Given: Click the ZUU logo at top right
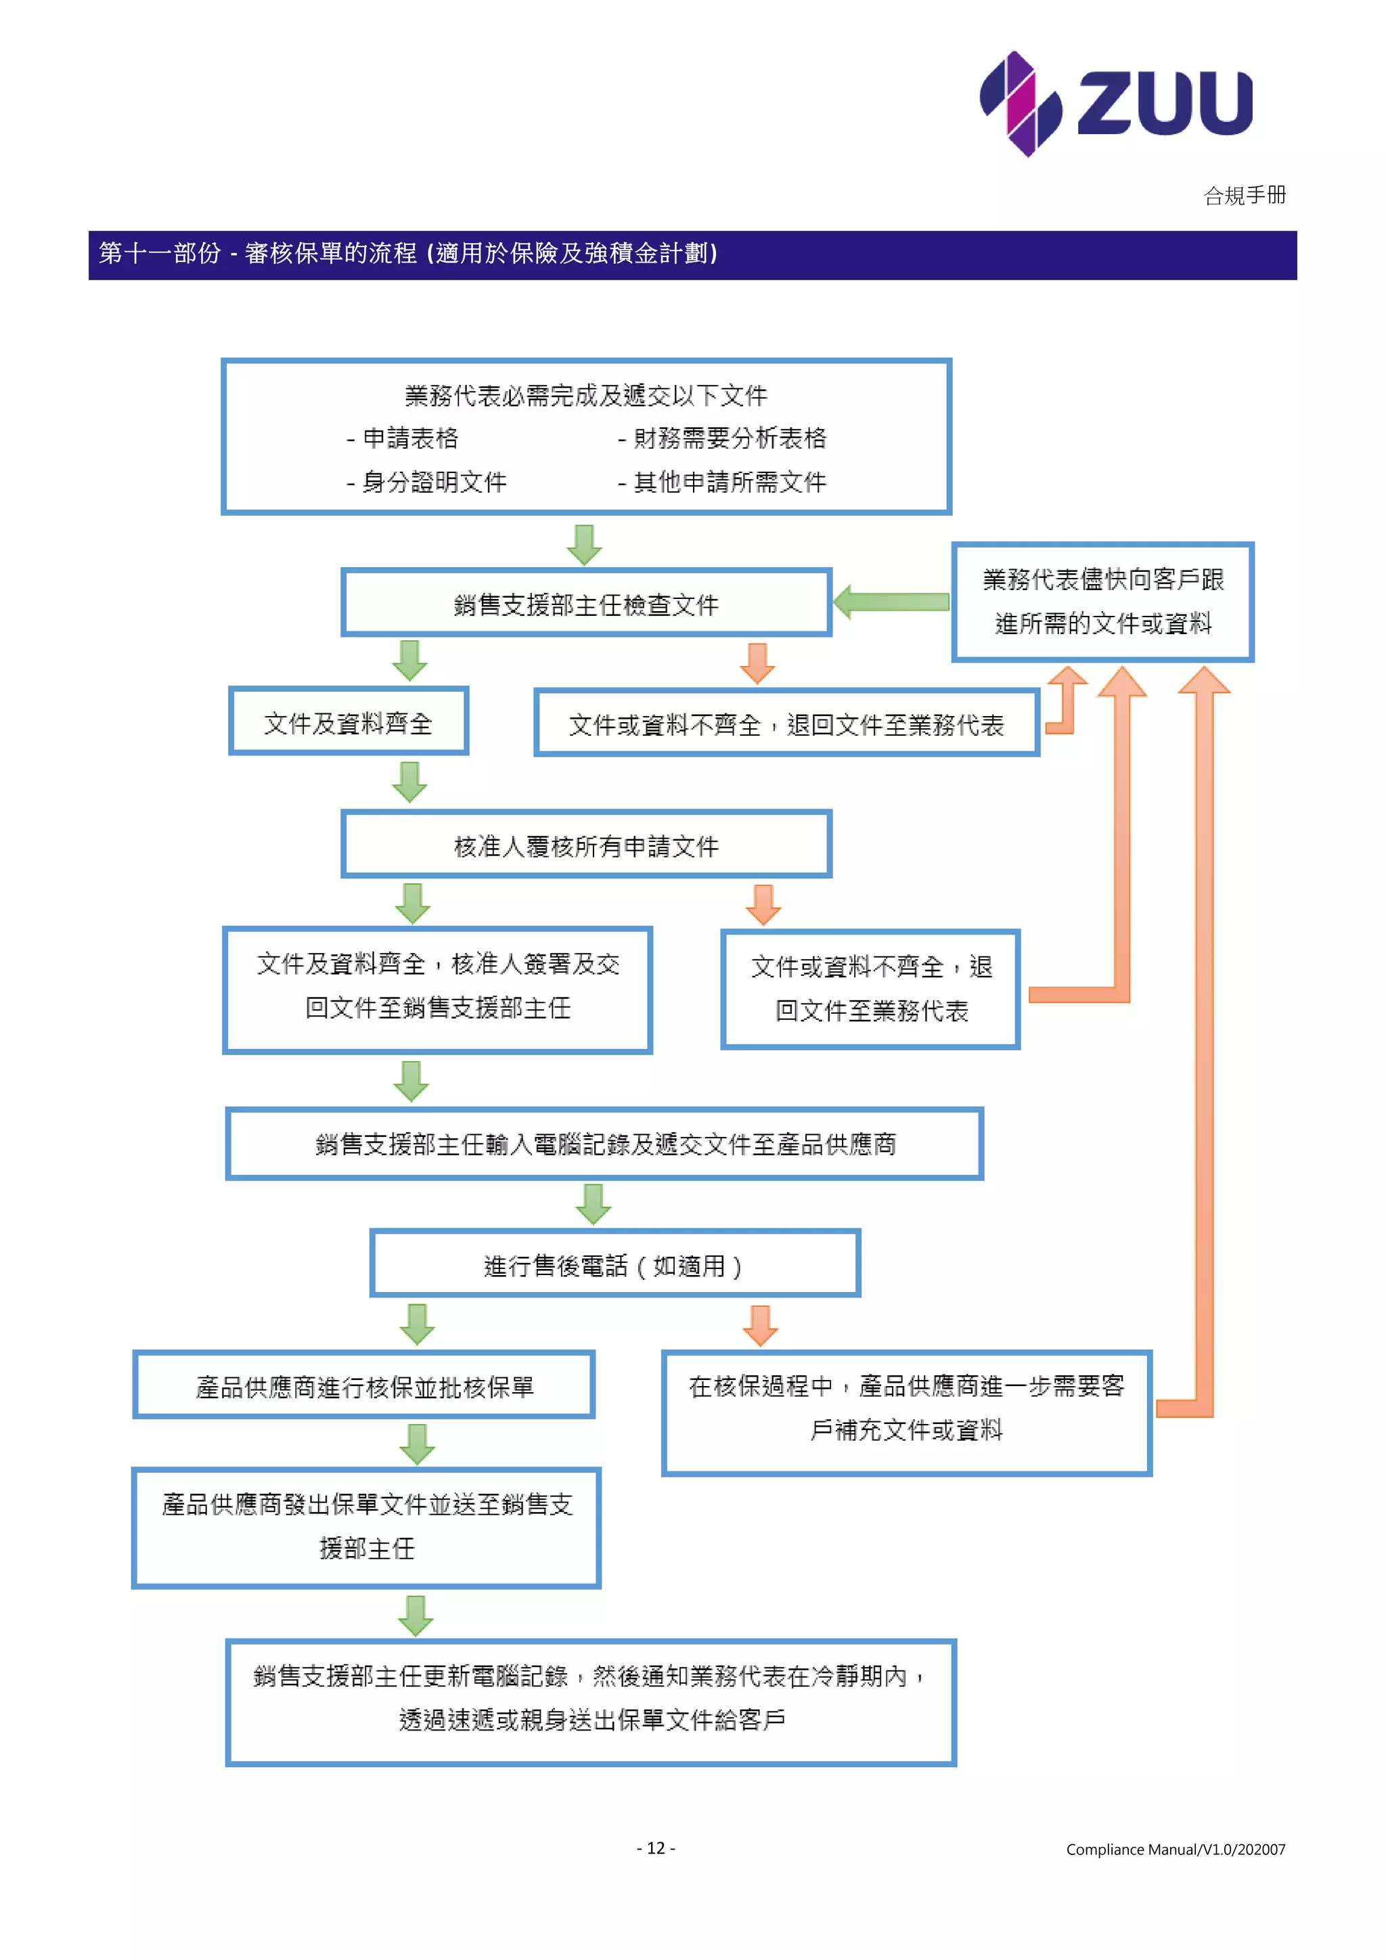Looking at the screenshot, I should [x=1115, y=104].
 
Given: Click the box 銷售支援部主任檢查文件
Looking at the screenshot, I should [x=585, y=604].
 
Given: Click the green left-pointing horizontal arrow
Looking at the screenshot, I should [x=891, y=602].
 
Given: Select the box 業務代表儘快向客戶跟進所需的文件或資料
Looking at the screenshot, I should [x=1102, y=602].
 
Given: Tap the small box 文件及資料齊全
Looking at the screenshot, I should [x=349, y=722].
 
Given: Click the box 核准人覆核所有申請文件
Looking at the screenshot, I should [x=585, y=845].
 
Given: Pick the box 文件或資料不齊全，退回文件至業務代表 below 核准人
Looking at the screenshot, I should [x=870, y=989].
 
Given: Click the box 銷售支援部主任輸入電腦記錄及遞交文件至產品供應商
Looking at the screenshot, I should [x=604, y=1144].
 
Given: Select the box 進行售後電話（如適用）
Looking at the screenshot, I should [x=614, y=1265].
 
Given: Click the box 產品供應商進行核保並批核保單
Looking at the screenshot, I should [x=363, y=1386].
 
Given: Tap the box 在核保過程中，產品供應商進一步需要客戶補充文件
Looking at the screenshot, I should [x=906, y=1408].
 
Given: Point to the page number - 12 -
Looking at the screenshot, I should [x=656, y=1848].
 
